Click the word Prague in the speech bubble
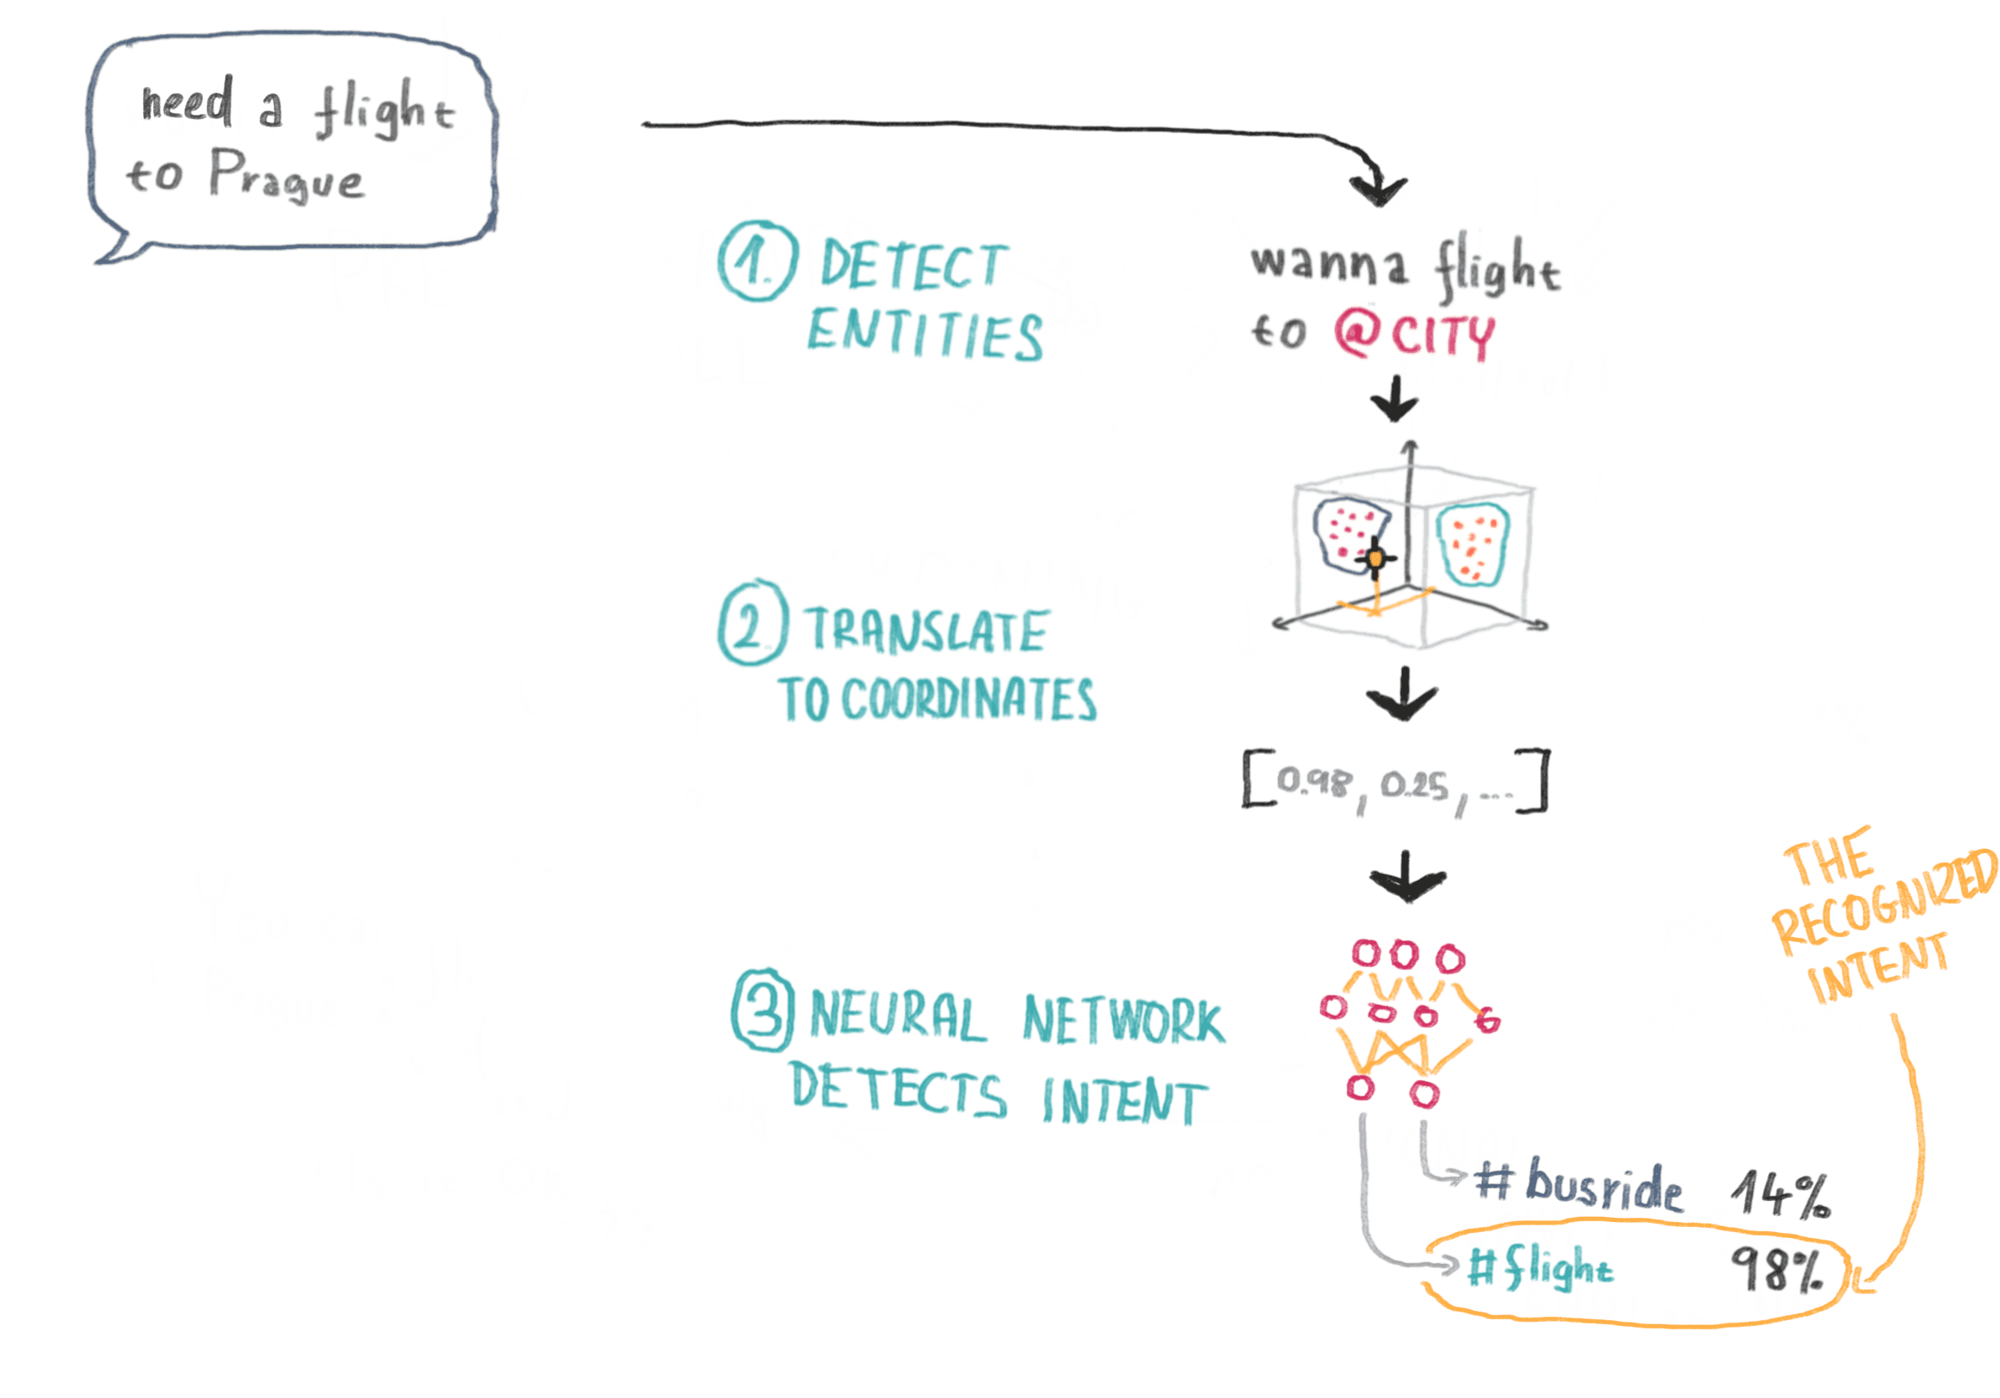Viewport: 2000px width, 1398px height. pyautogui.click(x=286, y=176)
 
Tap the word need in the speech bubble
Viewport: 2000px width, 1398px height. pyautogui.click(x=188, y=101)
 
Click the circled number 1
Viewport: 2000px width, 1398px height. pyautogui.click(x=757, y=261)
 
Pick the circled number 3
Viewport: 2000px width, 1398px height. pyautogui.click(x=763, y=1010)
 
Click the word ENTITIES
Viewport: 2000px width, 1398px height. pyautogui.click(x=925, y=334)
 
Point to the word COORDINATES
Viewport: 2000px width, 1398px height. pyautogui.click(x=969, y=700)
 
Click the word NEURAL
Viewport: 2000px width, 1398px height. pyautogui.click(x=898, y=1017)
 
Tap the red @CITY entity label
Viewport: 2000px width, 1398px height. pyautogui.click(x=1415, y=334)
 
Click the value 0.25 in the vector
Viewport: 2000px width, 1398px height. pyautogui.click(x=1414, y=785)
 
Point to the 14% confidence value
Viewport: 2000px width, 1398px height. pyautogui.click(x=1780, y=1193)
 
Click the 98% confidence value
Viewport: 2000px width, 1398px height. pyautogui.click(x=1777, y=1269)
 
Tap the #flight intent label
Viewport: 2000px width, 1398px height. pyautogui.click(x=1540, y=1266)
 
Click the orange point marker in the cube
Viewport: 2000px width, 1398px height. pyautogui.click(x=1375, y=559)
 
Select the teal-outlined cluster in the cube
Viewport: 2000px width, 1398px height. pyautogui.click(x=1472, y=546)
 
